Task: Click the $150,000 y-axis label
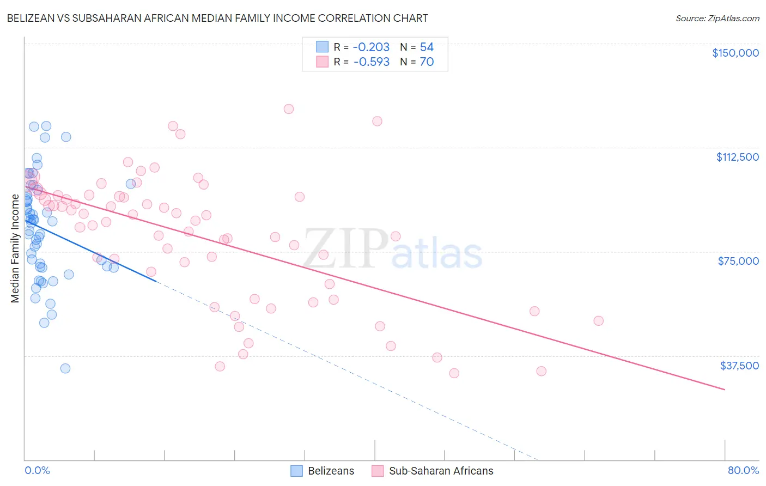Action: [735, 53]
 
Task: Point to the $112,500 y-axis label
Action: [737, 157]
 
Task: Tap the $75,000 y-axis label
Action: [738, 261]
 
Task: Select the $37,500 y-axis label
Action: [739, 366]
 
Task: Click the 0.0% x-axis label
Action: [37, 470]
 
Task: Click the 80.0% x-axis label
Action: [743, 470]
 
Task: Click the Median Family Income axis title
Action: [15, 248]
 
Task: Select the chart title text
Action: [217, 18]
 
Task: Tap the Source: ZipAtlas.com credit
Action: [717, 19]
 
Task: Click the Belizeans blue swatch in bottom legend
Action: [296, 471]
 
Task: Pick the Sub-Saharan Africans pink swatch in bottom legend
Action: [378, 471]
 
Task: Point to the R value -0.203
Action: [372, 47]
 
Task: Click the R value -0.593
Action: [372, 62]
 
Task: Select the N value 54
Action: [427, 47]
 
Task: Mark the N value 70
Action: [427, 62]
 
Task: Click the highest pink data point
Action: [289, 109]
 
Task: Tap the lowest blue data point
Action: [65, 368]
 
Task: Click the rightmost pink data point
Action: [598, 321]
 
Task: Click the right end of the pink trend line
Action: [725, 390]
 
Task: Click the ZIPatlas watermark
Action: [392, 250]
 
